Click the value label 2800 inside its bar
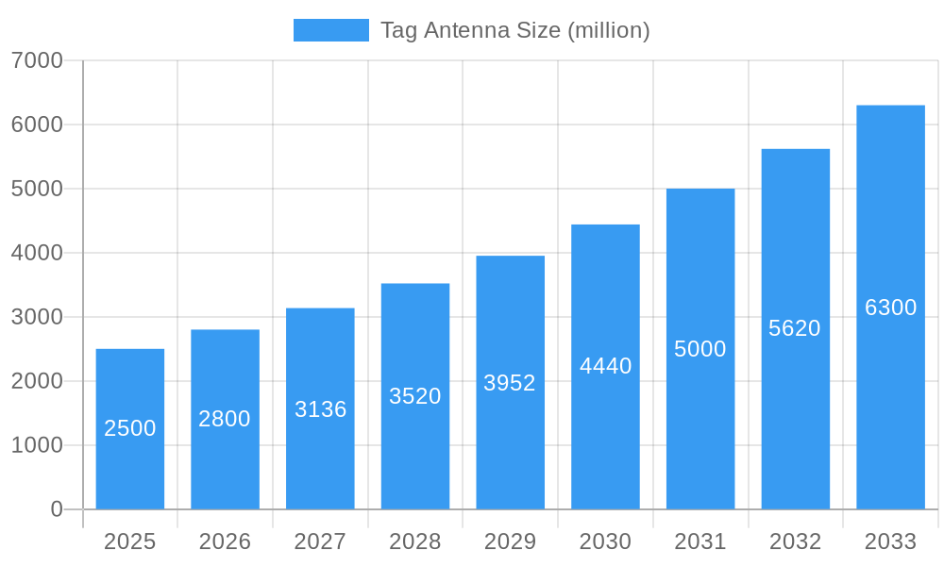coord(225,419)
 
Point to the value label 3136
coord(320,409)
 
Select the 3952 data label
coord(510,383)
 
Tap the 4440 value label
coord(605,366)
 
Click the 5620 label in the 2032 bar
coord(795,328)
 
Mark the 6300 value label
coord(890,308)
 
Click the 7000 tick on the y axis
coord(37,60)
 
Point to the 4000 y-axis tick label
coord(37,253)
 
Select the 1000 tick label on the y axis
coord(37,445)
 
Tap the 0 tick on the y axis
coord(56,509)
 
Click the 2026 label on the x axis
coord(225,541)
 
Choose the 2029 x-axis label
coord(510,541)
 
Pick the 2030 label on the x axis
coord(605,541)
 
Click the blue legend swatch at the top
coord(330,30)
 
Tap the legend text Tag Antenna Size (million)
coord(514,30)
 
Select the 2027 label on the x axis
coord(320,541)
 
